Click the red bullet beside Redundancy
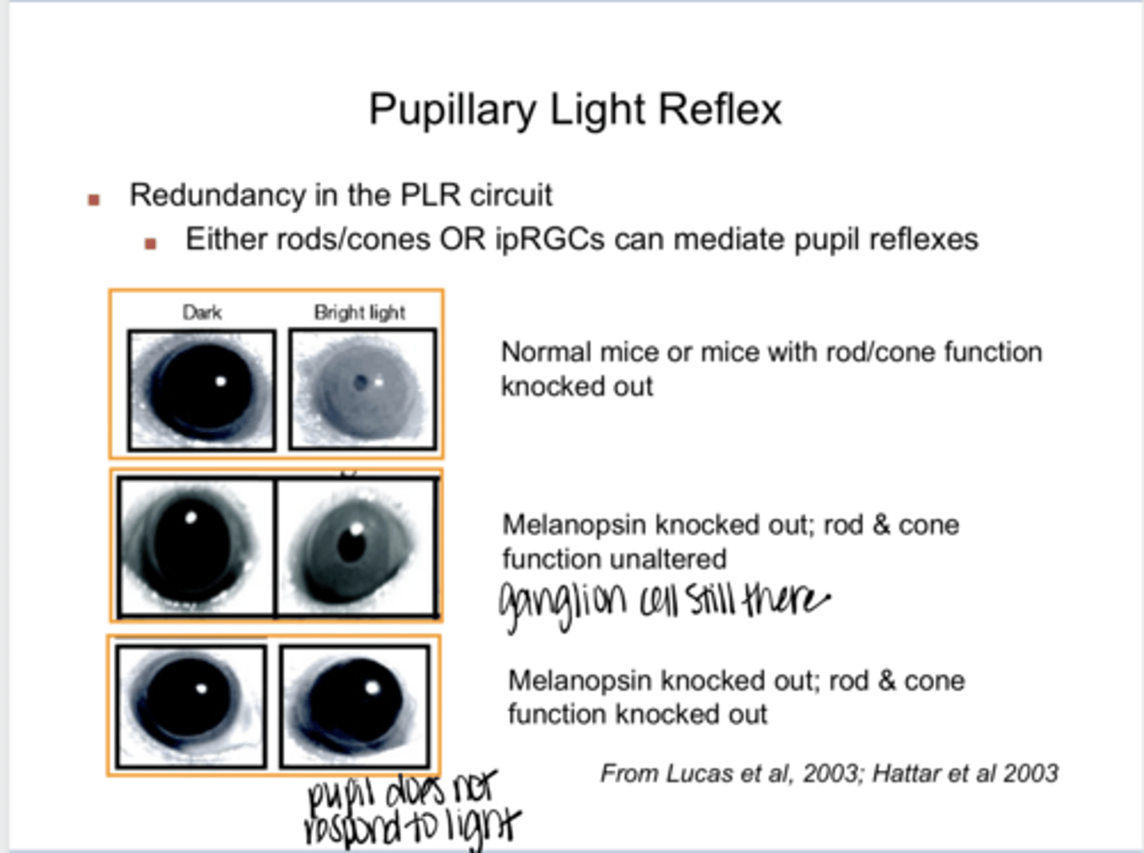click(94, 199)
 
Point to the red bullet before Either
click(150, 244)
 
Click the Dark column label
click(202, 312)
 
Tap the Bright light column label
click(359, 312)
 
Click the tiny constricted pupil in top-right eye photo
click(361, 384)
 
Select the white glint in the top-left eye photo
click(221, 381)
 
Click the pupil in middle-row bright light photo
click(352, 545)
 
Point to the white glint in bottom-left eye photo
click(202, 689)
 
